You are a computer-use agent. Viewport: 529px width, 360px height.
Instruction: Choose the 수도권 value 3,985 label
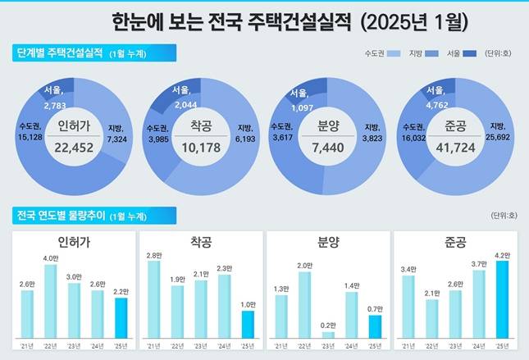158,137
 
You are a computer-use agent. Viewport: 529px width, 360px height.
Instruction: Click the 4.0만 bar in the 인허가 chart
50,301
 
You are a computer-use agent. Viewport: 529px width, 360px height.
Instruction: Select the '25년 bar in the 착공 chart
248,324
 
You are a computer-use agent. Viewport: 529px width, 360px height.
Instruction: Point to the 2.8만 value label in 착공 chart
154,256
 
